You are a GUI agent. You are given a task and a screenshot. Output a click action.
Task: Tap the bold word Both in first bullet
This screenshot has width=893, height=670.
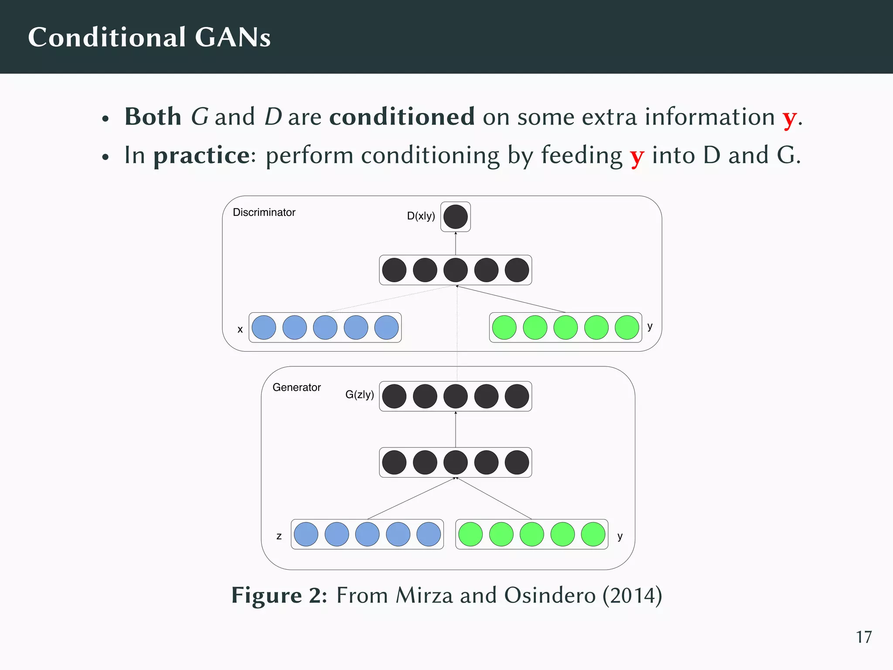tap(153, 117)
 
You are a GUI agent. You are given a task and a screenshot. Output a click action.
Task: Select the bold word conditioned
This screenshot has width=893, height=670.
tap(402, 117)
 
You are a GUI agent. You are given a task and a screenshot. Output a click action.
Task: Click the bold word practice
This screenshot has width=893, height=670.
tap(201, 155)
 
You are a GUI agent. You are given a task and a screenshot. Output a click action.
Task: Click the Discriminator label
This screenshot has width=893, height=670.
tap(264, 212)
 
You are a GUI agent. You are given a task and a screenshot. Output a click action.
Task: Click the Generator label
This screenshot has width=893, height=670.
tap(297, 387)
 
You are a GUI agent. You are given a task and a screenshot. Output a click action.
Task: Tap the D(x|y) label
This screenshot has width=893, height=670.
tap(421, 216)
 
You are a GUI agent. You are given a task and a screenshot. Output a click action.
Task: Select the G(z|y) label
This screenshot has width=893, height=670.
tap(359, 395)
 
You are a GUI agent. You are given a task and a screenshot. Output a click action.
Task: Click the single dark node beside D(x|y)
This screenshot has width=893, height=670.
tap(455, 217)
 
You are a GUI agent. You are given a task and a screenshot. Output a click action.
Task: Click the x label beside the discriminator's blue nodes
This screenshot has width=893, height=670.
tap(240, 329)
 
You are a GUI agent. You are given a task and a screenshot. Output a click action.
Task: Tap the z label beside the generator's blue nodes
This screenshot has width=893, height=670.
tap(279, 536)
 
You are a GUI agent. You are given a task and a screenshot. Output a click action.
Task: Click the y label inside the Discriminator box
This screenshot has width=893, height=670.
tap(650, 326)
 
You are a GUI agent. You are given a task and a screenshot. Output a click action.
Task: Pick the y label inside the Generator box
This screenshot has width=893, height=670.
tap(620, 536)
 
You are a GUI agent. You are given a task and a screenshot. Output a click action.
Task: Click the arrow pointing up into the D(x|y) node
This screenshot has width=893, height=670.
tap(456, 243)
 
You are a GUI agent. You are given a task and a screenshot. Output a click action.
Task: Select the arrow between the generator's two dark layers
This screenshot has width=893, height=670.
tap(456, 429)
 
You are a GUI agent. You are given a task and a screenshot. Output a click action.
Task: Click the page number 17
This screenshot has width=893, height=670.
tap(863, 637)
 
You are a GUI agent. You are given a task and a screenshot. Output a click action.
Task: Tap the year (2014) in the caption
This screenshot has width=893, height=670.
tap(632, 595)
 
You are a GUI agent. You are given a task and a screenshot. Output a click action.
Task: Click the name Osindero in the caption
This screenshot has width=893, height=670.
tap(549, 595)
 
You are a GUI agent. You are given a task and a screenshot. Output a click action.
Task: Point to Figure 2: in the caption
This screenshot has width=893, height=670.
tap(279, 595)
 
